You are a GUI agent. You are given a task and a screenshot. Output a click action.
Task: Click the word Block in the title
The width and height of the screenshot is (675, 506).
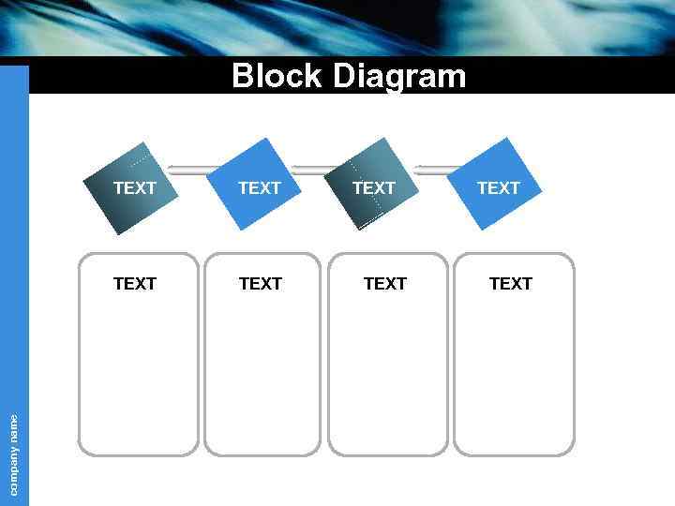pyautogui.click(x=277, y=76)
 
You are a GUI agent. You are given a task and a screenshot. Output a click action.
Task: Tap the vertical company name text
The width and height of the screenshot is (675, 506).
pyautogui.click(x=14, y=454)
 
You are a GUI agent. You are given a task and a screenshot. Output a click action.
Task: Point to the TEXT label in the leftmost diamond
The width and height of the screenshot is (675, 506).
pyautogui.click(x=135, y=188)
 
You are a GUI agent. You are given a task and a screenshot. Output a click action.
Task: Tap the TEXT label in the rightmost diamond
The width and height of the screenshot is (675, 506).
pyautogui.click(x=498, y=188)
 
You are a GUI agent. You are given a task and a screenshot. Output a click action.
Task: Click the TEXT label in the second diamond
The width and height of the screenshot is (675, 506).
pyautogui.click(x=260, y=188)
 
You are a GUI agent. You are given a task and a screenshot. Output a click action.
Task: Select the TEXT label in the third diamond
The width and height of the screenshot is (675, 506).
pyautogui.click(x=374, y=188)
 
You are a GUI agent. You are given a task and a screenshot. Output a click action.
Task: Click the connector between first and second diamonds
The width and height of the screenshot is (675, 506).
pyautogui.click(x=192, y=170)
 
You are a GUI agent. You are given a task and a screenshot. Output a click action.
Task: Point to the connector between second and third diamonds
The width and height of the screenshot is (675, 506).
pyautogui.click(x=313, y=170)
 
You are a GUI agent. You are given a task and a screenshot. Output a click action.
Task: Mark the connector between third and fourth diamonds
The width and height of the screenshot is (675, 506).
pyautogui.click(x=436, y=170)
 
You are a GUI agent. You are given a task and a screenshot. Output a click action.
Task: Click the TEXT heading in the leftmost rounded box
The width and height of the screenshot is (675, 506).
pyautogui.click(x=135, y=283)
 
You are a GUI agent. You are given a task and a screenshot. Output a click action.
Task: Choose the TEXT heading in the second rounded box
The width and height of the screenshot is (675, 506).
pyautogui.click(x=261, y=283)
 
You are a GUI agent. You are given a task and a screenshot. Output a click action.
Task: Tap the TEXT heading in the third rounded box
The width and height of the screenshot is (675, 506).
pyautogui.click(x=385, y=283)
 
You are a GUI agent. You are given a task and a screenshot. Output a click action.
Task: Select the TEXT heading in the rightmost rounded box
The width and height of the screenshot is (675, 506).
pyautogui.click(x=511, y=283)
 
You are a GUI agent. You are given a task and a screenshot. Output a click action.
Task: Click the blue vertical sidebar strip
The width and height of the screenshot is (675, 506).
pyautogui.click(x=14, y=234)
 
